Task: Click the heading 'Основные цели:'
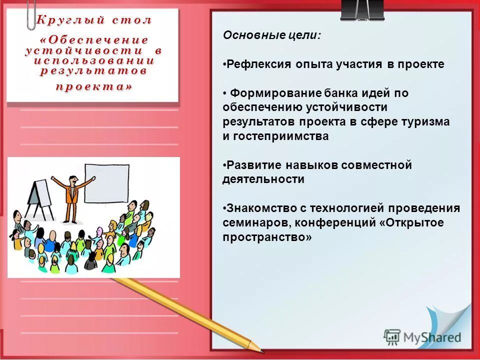tap(272, 35)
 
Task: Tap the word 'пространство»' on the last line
tap(267, 237)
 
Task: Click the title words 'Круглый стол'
tap(93, 20)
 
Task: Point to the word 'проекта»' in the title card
tap(93, 86)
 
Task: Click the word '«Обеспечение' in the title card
tap(93, 39)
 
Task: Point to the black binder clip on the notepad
tap(362, 10)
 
